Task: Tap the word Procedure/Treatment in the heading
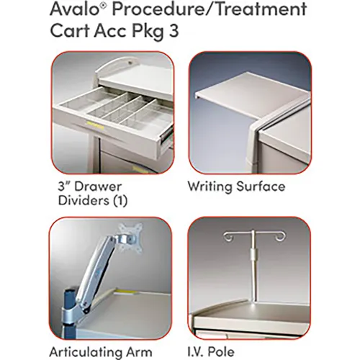pyautogui.click(x=210, y=10)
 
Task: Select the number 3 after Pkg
pyautogui.click(x=174, y=31)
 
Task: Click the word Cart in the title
pyautogui.click(x=70, y=31)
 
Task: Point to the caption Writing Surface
pyautogui.click(x=236, y=186)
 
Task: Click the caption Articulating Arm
pyautogui.click(x=101, y=352)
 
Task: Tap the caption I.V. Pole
pyautogui.click(x=211, y=352)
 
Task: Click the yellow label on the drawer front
pyautogui.click(x=95, y=125)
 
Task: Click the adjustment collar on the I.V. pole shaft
pyautogui.click(x=253, y=254)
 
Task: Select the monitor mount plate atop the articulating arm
pyautogui.click(x=130, y=238)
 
